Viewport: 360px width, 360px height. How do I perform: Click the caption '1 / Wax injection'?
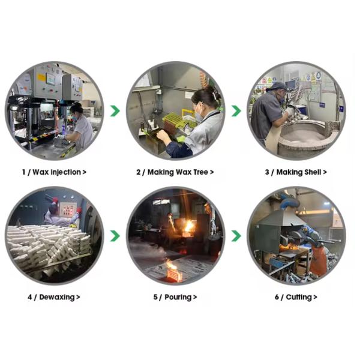point(54,172)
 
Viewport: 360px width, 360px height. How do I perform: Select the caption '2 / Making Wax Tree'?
point(175,172)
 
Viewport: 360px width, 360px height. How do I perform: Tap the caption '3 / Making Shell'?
point(296,172)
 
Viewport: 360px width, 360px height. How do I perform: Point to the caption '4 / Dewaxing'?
point(54,297)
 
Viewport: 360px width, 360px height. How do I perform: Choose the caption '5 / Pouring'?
point(175,297)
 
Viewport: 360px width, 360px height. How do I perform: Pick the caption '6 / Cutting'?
point(296,297)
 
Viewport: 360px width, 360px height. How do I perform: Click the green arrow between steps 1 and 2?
point(115,111)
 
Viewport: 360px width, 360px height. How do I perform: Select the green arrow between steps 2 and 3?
point(236,111)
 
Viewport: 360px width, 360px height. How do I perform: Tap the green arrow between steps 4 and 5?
point(115,236)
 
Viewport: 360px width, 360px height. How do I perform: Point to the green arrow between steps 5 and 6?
point(236,236)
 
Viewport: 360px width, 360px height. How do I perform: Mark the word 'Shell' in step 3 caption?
point(313,172)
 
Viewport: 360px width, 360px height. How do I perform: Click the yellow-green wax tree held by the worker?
point(176,120)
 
